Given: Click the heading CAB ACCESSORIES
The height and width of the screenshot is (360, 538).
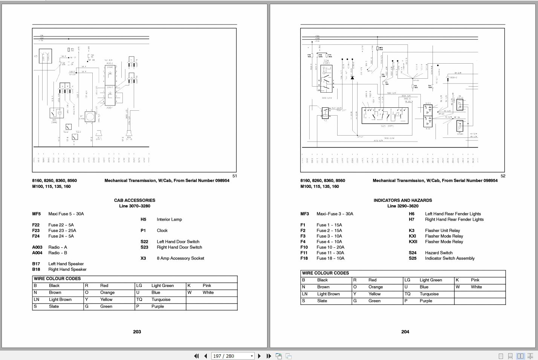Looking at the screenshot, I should pos(134,200).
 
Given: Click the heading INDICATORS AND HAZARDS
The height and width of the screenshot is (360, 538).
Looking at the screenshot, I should pos(403,200).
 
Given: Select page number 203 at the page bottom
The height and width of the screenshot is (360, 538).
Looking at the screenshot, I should pos(137,332).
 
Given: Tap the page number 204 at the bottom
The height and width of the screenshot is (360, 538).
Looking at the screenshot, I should pos(405,332).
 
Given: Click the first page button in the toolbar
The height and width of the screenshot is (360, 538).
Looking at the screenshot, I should pos(196,356).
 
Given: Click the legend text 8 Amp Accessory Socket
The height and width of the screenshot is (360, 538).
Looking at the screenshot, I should pos(180,258).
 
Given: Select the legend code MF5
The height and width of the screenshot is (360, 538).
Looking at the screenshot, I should pos(36,214).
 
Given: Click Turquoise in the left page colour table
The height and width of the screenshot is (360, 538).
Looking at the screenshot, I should pos(161,300).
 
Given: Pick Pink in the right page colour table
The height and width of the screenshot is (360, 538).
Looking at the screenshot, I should pos(475,280).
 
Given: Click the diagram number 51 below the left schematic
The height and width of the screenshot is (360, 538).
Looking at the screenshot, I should pos(234,176).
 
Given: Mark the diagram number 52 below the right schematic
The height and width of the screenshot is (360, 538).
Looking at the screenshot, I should pos(503,176).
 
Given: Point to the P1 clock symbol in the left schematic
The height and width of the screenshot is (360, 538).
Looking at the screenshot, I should pos(90,117).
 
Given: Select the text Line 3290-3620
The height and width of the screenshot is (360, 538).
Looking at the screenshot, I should pos(403,206).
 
